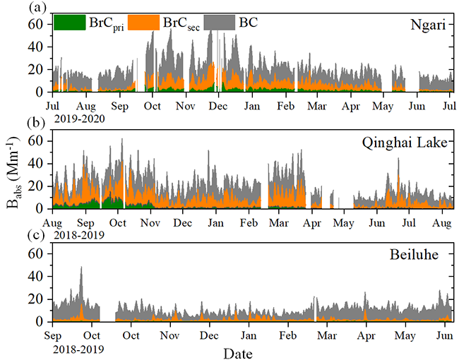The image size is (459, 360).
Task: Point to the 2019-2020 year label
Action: (78, 118)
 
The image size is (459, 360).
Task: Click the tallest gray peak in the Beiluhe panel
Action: (81, 268)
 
